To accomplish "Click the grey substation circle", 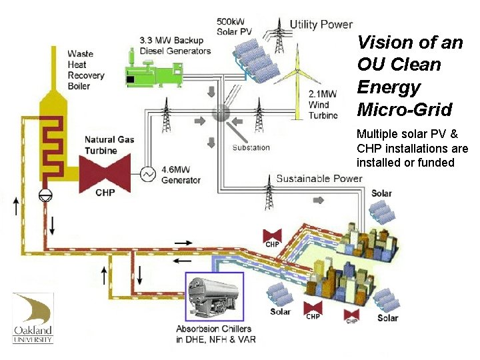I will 221,113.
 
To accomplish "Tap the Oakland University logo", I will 33,318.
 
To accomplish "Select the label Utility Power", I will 321,25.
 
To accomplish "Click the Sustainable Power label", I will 319,178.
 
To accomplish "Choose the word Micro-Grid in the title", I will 404,109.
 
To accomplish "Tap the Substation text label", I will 251,147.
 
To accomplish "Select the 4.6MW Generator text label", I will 181,175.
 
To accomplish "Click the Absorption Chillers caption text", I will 213,334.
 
